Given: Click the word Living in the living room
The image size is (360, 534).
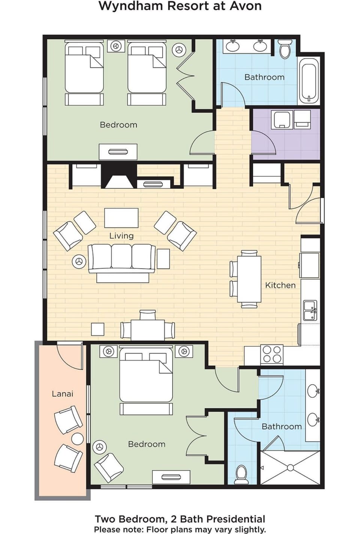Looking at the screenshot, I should pyautogui.click(x=121, y=236).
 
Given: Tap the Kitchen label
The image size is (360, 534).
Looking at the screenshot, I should pyautogui.click(x=280, y=285).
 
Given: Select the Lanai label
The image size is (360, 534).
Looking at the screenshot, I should pyautogui.click(x=62, y=394).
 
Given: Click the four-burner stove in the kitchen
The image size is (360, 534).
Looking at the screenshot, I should pyautogui.click(x=272, y=354).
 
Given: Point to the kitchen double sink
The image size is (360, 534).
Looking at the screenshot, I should pyautogui.click(x=310, y=310).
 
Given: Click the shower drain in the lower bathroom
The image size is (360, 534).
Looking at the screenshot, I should pyautogui.click(x=290, y=468).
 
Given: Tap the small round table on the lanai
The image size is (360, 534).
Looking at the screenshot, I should pyautogui.click(x=78, y=439).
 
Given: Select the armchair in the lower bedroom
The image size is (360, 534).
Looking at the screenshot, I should pyautogui.click(x=109, y=467).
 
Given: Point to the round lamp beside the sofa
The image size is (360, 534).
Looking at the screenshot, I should pyautogui.click(x=79, y=261).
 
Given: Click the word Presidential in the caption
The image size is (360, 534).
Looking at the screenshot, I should pyautogui.click(x=236, y=519).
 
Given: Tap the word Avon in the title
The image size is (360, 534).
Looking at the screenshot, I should pyautogui.click(x=245, y=6).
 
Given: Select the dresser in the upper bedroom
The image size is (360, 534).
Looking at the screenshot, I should pyautogui.click(x=118, y=152).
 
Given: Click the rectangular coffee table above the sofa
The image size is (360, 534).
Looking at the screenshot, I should pyautogui.click(x=121, y=218).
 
